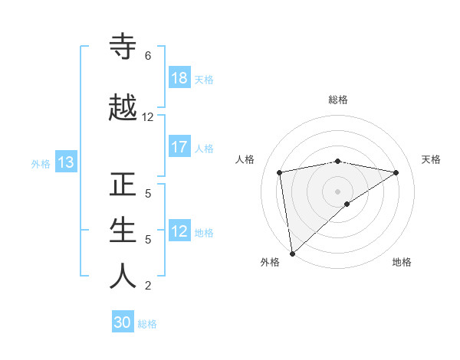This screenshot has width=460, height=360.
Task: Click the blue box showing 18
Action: tap(179, 78)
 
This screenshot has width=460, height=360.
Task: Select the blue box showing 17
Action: tap(179, 147)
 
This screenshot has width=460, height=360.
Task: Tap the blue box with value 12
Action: tap(179, 231)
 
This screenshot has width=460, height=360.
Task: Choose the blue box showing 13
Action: tap(65, 162)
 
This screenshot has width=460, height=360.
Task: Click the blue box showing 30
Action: tap(123, 322)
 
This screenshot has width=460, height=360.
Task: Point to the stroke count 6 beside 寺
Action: tap(148, 56)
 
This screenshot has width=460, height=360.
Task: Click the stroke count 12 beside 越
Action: tap(148, 117)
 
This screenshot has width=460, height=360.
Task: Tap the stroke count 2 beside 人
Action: tap(148, 286)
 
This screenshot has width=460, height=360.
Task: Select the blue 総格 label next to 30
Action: tap(147, 323)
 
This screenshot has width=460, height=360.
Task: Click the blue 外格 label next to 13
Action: tap(41, 163)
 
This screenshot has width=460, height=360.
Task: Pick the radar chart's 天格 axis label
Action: tap(431, 159)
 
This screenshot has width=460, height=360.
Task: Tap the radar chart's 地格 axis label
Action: tap(402, 262)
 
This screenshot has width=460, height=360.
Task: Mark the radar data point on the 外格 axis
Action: tap(291, 253)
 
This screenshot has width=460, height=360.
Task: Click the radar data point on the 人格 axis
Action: tap(280, 172)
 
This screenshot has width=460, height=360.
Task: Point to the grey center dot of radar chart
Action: tap(337, 191)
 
